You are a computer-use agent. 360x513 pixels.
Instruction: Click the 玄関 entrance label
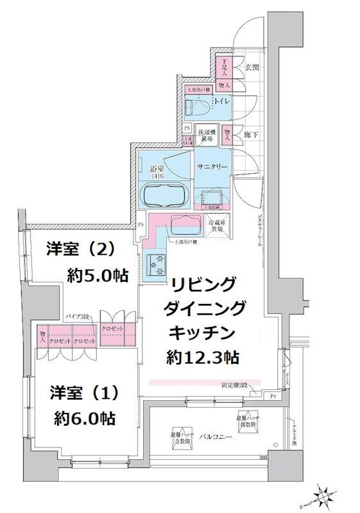[252, 67]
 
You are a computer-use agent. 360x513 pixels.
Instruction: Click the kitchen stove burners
[157, 263]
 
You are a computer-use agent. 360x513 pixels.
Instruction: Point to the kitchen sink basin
[187, 223]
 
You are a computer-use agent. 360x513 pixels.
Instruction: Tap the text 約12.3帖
[204, 357]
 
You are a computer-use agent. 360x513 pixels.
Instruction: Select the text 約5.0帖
[98, 276]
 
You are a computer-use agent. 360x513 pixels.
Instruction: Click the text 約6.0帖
[85, 419]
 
